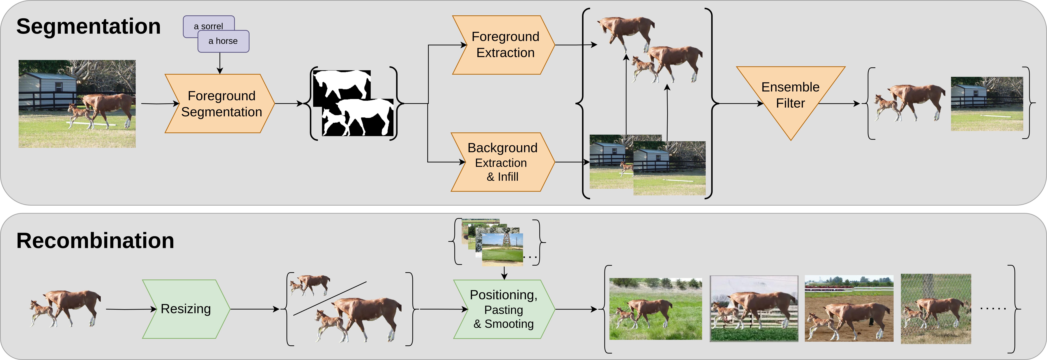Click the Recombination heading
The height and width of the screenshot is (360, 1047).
click(95, 241)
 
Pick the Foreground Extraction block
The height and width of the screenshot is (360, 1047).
click(504, 45)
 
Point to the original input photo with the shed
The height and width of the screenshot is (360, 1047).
click(77, 104)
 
